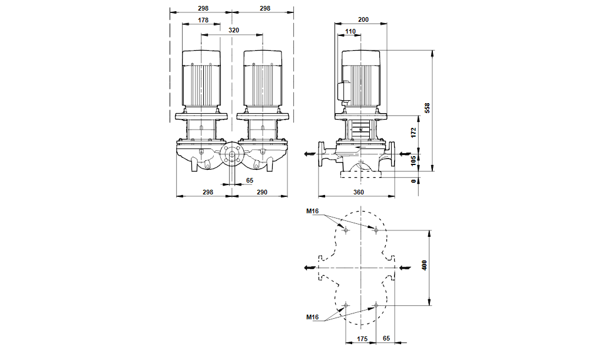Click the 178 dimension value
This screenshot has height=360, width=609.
click(203, 20)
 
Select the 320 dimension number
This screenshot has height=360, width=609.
click(234, 30)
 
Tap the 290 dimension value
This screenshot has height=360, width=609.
click(262, 193)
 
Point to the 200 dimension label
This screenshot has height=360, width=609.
click(363, 20)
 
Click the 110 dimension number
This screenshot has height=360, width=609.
click(350, 31)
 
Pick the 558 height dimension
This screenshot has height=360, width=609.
click(428, 109)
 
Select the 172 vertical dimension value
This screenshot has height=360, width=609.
click(413, 133)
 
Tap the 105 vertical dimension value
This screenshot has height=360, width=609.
click(413, 159)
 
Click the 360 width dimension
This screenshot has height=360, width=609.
click(359, 193)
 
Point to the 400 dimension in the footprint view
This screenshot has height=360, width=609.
click(424, 265)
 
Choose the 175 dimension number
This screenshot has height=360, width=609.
click(363, 339)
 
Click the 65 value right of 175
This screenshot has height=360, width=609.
click(386, 339)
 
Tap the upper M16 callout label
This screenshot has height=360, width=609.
click(313, 211)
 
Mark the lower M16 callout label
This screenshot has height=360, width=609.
click(313, 318)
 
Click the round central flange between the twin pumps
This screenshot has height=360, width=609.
click(231, 156)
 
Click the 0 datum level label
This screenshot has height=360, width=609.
click(413, 181)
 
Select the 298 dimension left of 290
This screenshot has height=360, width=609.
click(208, 193)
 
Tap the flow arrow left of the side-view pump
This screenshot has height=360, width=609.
click(309, 154)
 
